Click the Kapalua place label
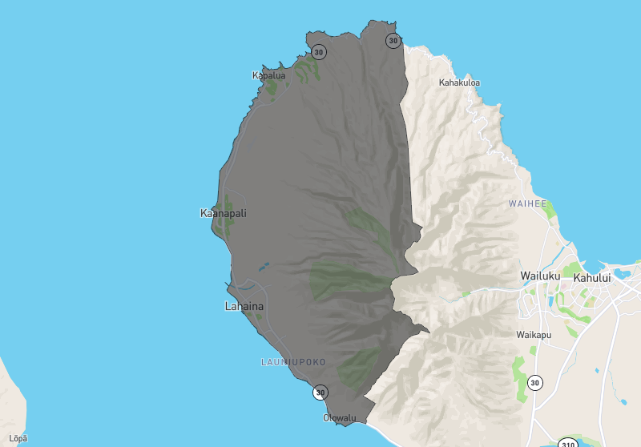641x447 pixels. tap(268, 76)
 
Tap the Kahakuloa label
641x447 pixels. tap(459, 83)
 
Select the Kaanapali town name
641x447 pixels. tap(223, 213)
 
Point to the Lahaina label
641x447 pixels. tap(244, 306)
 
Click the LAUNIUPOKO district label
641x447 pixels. tap(293, 362)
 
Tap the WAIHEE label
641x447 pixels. tap(527, 204)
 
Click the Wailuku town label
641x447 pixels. tap(539, 276)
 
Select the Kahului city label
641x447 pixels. tap(592, 277)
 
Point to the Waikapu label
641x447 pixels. tap(534, 335)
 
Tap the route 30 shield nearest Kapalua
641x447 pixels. tap(319, 53)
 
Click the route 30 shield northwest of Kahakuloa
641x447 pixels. tap(393, 40)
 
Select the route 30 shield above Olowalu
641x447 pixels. tap(320, 393)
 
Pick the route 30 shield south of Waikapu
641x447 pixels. tap(534, 383)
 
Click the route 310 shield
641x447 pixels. tap(567, 443)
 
